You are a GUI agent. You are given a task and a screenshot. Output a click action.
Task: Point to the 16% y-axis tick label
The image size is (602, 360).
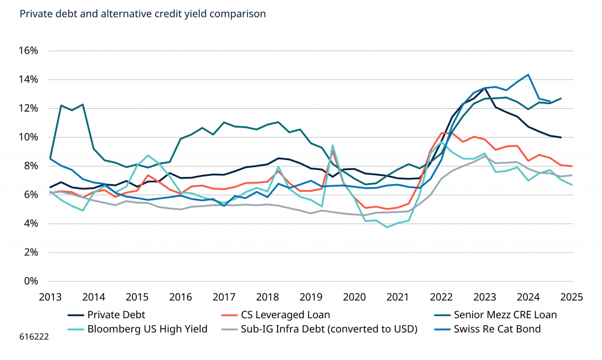(x=27, y=51)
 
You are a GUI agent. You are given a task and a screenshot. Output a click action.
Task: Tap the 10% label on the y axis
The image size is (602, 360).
(x=27, y=136)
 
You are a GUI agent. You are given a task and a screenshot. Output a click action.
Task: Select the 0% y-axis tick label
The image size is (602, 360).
(x=30, y=281)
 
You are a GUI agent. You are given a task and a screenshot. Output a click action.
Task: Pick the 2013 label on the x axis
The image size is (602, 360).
(x=50, y=298)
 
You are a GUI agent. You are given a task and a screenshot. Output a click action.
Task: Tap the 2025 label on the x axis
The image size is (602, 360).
(x=571, y=298)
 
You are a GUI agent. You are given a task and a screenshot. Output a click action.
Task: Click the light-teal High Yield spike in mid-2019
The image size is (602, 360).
(x=333, y=145)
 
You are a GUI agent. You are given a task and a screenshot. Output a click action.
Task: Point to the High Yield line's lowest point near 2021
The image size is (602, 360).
(x=387, y=226)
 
